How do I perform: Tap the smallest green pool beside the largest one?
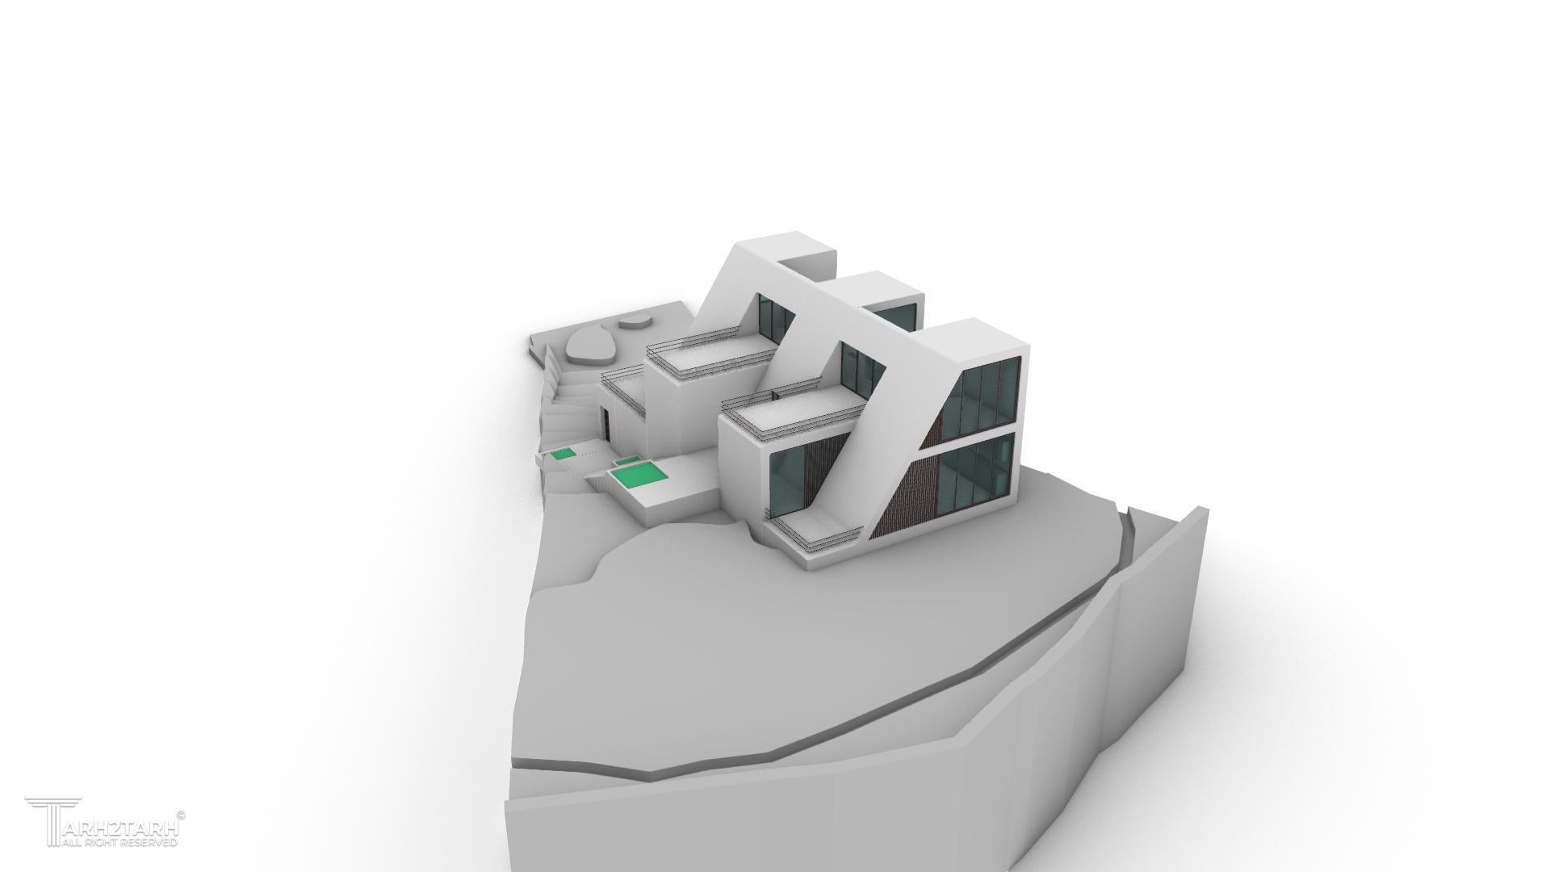(626, 462)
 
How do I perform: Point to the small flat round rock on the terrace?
(635, 324)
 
